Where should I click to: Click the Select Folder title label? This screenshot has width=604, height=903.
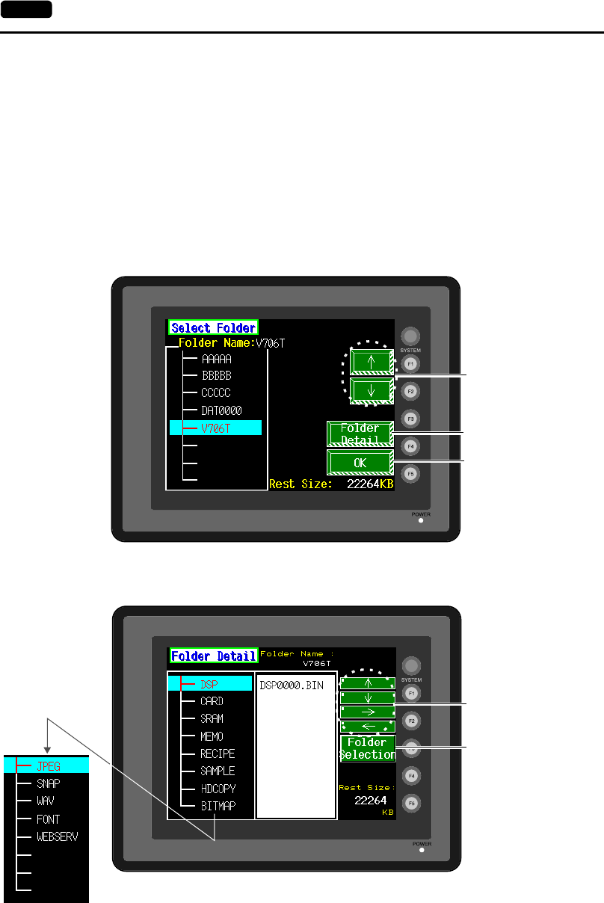tap(214, 327)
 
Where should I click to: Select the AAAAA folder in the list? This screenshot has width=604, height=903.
tap(217, 359)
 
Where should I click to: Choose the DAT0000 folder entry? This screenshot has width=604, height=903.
tap(221, 411)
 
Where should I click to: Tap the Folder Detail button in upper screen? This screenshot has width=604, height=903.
tap(360, 434)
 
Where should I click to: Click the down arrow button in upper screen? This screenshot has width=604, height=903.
tap(372, 390)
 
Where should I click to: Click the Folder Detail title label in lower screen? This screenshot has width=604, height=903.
tap(214, 656)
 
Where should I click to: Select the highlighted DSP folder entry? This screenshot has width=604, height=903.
tap(210, 684)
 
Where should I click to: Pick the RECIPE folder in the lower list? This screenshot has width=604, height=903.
tap(218, 753)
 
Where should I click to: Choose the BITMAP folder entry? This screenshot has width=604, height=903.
tap(218, 806)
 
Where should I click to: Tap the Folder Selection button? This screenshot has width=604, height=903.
tap(368, 748)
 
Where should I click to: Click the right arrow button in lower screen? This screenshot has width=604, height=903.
tap(368, 712)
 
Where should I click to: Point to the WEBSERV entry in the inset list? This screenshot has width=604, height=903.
tap(57, 836)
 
